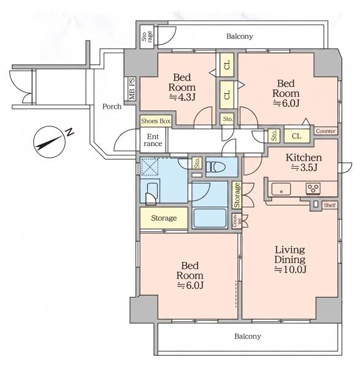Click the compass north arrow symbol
pos(49,142)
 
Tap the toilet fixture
pos(216,167)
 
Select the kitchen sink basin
pos(281,189)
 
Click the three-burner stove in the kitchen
pos(313,188)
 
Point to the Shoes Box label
pos(156,121)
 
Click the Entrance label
pos(153,140)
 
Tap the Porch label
pos(112,107)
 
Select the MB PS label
pos(132,89)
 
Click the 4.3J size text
pos(182,97)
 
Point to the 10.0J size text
pos(290,269)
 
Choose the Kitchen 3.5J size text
pos(304,167)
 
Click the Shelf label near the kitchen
pos(330,205)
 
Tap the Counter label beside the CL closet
pos(326,131)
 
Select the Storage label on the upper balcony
pos(147,36)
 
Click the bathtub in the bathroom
pos(210,218)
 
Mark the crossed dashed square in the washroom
pos(150,167)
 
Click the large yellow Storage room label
pos(164,218)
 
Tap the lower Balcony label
pos(248,336)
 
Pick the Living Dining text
pos(290,255)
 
